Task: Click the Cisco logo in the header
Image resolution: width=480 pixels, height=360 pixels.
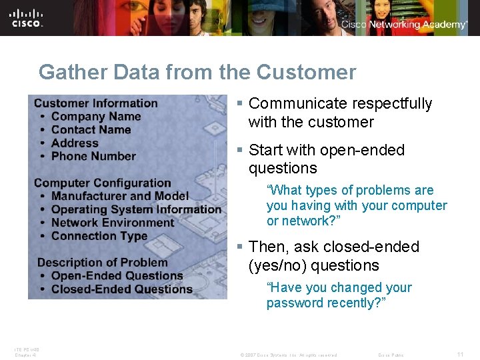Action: [27, 18]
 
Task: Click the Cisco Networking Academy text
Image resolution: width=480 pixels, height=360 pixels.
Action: [404, 25]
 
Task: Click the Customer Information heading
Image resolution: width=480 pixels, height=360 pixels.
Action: [95, 103]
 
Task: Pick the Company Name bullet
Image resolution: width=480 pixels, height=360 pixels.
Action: [96, 117]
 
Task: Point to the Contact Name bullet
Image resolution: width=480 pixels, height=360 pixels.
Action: [91, 130]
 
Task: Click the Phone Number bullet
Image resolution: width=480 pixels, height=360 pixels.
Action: [93, 157]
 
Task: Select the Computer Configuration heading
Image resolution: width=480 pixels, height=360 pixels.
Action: [102, 183]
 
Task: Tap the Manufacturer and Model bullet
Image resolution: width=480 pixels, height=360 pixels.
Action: [120, 196]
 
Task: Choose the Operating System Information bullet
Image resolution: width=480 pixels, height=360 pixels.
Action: [136, 209]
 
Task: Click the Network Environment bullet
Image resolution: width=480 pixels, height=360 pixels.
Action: [112, 223]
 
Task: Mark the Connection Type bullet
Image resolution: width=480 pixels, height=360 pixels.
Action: [99, 236]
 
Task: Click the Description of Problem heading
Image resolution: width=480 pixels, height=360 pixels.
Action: [102, 263]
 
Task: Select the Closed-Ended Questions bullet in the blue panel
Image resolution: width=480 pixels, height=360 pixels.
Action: [121, 289]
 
